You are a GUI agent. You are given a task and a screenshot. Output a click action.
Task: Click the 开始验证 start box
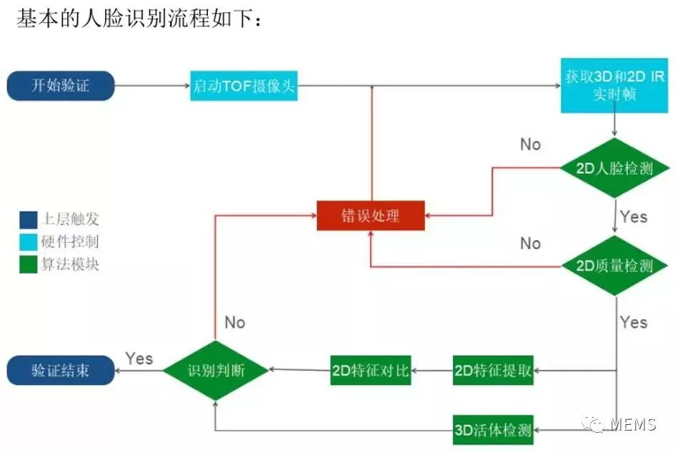pyautogui.click(x=61, y=86)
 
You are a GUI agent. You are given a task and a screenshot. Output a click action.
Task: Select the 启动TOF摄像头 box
pyautogui.click(x=244, y=87)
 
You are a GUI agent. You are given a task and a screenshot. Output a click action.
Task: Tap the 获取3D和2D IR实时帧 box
pyautogui.click(x=614, y=86)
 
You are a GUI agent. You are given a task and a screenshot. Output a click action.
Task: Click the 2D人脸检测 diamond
pyautogui.click(x=614, y=169)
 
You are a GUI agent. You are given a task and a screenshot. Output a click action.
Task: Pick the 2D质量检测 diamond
pyautogui.click(x=614, y=266)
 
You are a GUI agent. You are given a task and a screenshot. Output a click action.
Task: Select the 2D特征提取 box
pyautogui.click(x=493, y=370)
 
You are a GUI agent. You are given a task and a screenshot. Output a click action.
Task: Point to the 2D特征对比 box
pyautogui.click(x=371, y=370)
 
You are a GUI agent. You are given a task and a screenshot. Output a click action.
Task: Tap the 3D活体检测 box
pyautogui.click(x=493, y=429)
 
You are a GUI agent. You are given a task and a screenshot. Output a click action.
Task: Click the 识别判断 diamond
pyautogui.click(x=216, y=370)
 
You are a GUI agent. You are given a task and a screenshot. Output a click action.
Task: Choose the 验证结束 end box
pyautogui.click(x=61, y=370)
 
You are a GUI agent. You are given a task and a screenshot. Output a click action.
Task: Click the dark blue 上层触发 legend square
pyautogui.click(x=28, y=219)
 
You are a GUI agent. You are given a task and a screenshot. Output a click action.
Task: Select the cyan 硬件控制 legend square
pyautogui.click(x=28, y=241)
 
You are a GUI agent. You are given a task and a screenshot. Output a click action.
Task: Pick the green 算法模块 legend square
pyautogui.click(x=28, y=264)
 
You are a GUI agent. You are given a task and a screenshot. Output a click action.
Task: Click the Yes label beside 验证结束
pyautogui.click(x=139, y=358)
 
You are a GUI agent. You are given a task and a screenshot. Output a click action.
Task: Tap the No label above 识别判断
pyautogui.click(x=234, y=323)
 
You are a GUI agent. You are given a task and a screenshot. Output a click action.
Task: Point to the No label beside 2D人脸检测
pyautogui.click(x=530, y=144)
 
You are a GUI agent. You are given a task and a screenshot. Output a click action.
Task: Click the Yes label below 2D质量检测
pyautogui.click(x=634, y=323)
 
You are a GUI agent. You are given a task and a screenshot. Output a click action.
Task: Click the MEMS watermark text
pyautogui.click(x=632, y=424)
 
